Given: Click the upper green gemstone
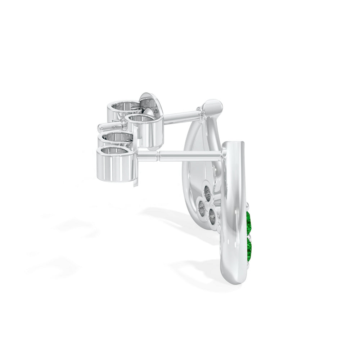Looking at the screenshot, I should [x=249, y=222].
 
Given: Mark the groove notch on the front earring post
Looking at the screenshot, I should [x=157, y=156].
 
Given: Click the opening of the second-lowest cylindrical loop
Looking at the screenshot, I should [x=116, y=137].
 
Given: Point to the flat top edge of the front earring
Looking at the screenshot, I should [x=234, y=144].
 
